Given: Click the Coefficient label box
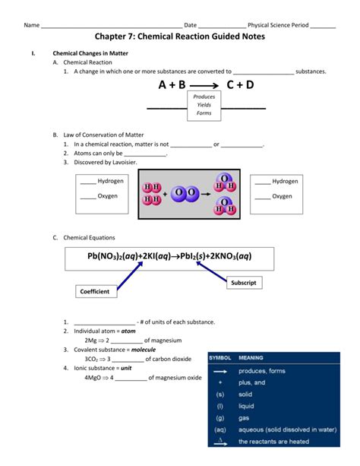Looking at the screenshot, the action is point(96,291).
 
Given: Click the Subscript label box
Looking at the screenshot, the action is point(244,283).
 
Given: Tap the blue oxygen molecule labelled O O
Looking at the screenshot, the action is point(185,193).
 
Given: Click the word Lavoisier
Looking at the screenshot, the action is point(125,162).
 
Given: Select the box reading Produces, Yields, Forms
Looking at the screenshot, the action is point(204,106).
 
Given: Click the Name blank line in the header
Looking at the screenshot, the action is point(112,27).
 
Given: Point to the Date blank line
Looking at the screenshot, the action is point(223,27).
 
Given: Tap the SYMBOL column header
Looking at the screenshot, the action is point(220,358).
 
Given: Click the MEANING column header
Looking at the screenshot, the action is point(251,358).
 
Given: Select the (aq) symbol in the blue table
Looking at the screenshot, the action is point(220,430).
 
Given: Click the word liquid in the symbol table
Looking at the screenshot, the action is point(246,406).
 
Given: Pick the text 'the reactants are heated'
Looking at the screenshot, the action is point(274,442).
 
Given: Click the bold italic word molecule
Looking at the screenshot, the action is point(144,350).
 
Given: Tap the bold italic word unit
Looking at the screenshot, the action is point(126,368).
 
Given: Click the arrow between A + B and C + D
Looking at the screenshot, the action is point(204,86).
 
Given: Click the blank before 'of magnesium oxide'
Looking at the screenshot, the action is point(131,380).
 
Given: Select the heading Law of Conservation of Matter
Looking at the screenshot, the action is point(103,135).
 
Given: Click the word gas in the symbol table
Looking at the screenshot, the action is point(244,418).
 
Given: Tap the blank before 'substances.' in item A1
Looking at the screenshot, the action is point(264,74).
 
